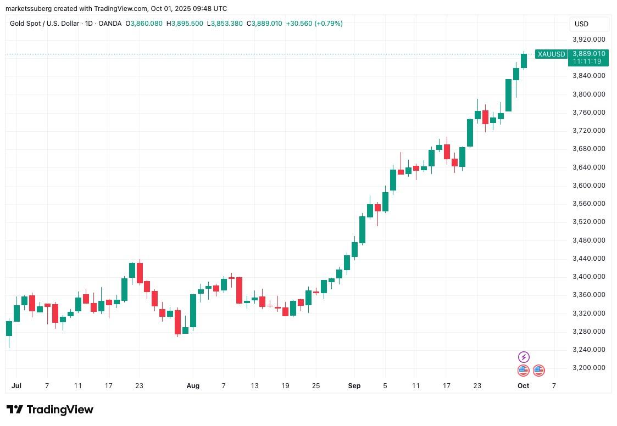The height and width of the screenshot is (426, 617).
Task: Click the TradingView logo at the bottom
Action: click(50, 410)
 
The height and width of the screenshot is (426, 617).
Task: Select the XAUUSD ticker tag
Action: click(551, 54)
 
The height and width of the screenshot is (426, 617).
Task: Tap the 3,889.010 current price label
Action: click(588, 53)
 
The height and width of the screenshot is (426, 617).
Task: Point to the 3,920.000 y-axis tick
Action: click(588, 40)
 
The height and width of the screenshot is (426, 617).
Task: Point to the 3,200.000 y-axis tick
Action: click(588, 368)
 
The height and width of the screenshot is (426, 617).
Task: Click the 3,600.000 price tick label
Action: click(588, 186)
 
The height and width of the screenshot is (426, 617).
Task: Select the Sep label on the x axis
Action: click(354, 386)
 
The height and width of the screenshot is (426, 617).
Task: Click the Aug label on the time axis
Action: click(193, 386)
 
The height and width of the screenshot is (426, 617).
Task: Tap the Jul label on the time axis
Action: click(16, 386)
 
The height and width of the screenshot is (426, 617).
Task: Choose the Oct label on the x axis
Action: click(523, 386)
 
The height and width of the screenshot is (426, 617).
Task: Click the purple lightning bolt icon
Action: click(524, 357)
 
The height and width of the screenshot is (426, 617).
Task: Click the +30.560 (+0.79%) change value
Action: click(314, 24)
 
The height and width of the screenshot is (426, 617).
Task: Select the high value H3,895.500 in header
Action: click(185, 24)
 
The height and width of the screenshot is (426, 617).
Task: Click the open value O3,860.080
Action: click(144, 24)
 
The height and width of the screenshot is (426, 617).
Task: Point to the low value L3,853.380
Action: click(225, 24)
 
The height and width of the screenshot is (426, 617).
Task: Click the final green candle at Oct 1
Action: click(524, 61)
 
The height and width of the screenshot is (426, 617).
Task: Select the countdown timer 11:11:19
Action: click(587, 61)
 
